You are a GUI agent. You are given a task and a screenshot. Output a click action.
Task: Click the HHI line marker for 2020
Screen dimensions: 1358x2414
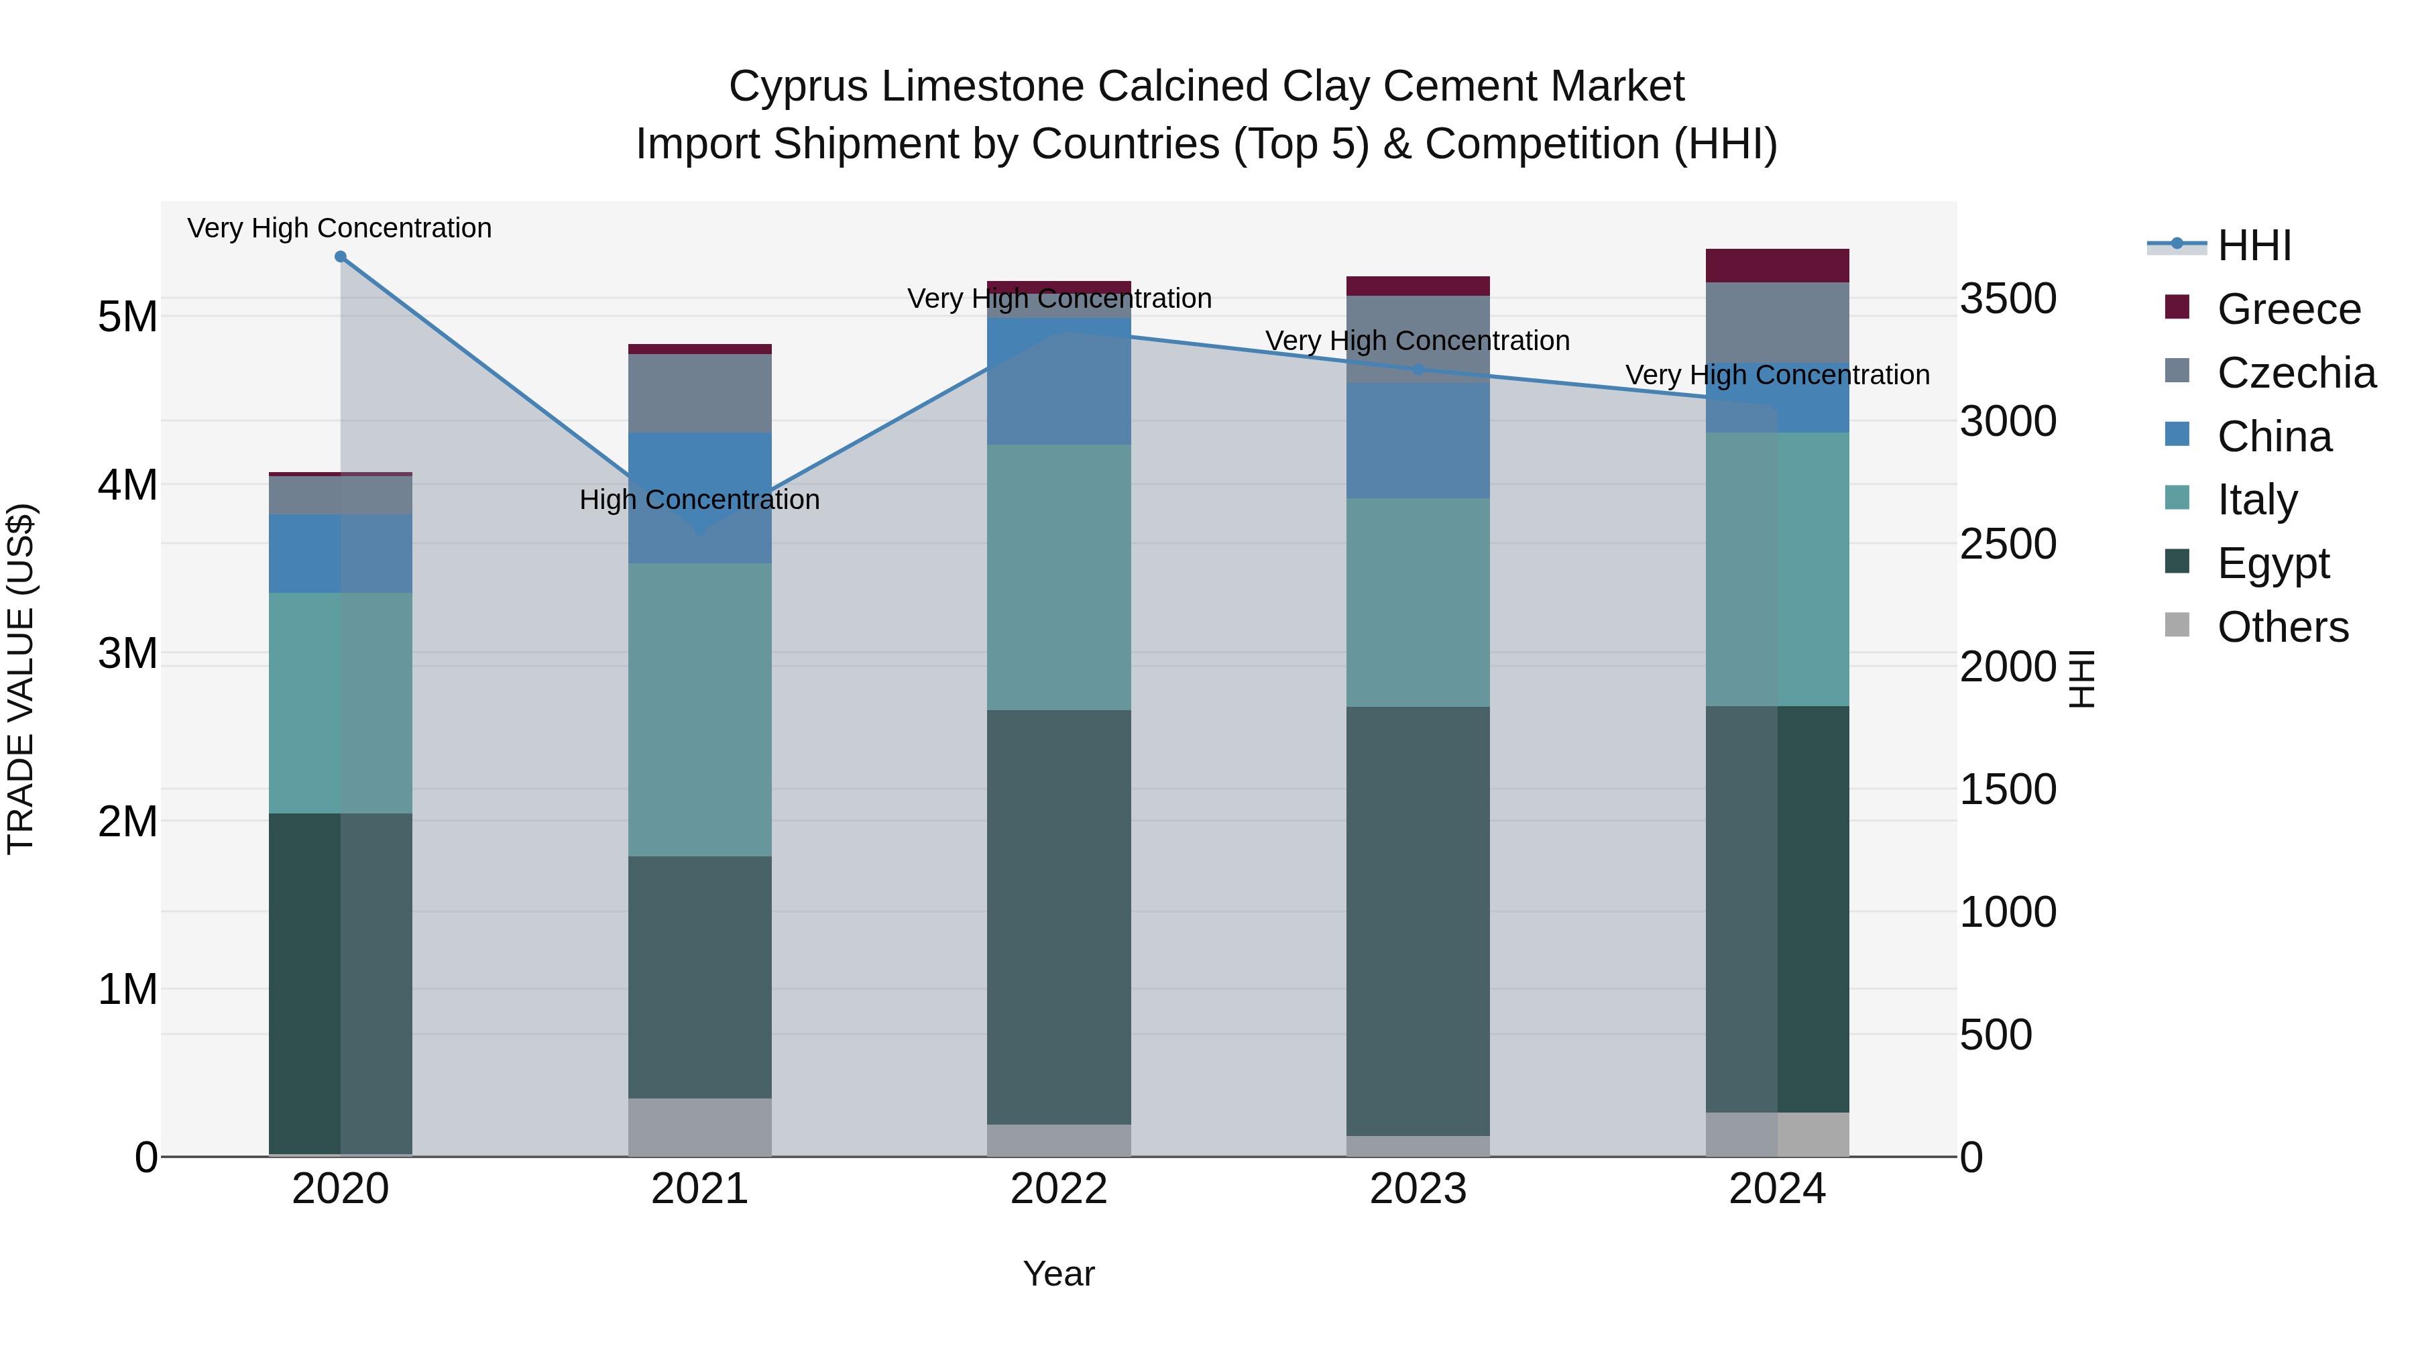click(x=340, y=257)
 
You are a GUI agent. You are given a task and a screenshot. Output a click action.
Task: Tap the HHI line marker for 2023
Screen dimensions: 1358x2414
click(x=1418, y=370)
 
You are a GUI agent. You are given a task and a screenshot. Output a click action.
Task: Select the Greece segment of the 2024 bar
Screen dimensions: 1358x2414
click(x=1777, y=265)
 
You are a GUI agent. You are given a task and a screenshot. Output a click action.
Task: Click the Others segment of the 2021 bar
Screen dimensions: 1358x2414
click(x=699, y=1127)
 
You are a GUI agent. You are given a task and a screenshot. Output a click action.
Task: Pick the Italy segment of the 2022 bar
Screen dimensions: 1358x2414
click(x=1059, y=577)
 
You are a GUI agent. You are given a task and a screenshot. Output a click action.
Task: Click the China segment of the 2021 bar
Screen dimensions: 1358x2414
click(x=699, y=498)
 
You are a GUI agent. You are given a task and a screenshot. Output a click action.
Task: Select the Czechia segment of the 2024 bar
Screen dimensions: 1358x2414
click(x=1777, y=323)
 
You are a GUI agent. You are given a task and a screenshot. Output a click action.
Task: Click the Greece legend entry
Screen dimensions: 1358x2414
click(x=2287, y=309)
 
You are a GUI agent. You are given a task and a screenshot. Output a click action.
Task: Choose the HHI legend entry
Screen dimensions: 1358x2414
click(x=2254, y=245)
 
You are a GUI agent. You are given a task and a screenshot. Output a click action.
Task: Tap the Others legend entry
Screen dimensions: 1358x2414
click(x=2282, y=627)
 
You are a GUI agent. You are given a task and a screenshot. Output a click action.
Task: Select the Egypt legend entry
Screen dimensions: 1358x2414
click(x=2273, y=563)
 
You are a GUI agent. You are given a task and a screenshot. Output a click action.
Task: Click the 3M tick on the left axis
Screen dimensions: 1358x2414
click(x=127, y=653)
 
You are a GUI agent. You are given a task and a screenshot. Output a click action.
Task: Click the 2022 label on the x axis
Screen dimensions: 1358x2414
click(x=1059, y=1189)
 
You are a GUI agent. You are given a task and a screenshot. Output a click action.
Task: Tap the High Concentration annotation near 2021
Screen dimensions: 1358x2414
click(x=699, y=500)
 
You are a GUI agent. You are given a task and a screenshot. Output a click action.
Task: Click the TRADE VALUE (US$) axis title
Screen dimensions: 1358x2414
click(x=21, y=679)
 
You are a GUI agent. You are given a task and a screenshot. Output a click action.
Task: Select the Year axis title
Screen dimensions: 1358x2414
click(x=1059, y=1274)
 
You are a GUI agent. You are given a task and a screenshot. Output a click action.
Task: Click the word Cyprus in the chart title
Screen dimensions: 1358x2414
click(x=799, y=87)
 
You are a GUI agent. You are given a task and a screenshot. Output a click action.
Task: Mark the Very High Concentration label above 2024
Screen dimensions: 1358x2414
click(x=1777, y=375)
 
